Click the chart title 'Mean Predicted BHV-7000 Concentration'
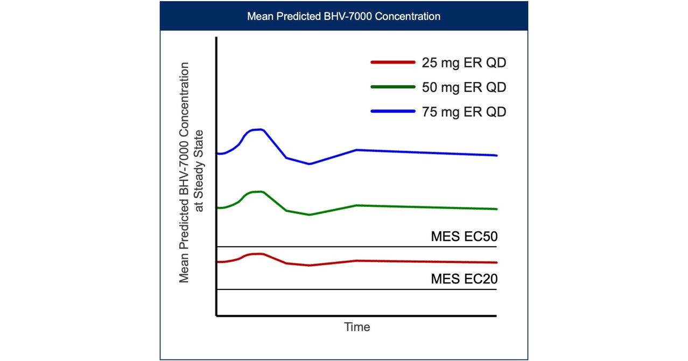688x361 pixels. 343,16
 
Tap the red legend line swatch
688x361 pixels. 392,63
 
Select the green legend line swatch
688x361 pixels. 392,87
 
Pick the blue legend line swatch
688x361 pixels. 392,112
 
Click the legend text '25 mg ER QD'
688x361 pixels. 464,63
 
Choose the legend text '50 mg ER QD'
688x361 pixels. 464,87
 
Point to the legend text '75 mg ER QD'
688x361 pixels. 464,112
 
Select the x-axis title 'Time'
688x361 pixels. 357,327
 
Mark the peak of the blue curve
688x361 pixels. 260,129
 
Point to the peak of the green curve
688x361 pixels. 259,191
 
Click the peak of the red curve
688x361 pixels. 259,253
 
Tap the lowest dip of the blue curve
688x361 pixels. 309,164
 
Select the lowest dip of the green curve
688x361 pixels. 309,214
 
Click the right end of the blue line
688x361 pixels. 495,155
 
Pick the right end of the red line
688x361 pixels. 495,262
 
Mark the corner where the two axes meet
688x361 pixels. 216,316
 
